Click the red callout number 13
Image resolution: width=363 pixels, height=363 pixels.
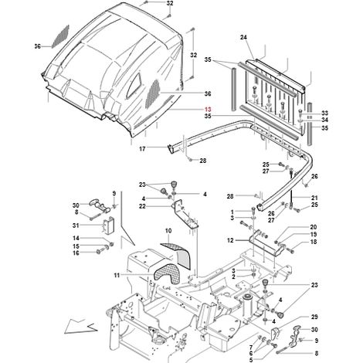208,109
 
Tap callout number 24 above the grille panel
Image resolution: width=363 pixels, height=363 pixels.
243,37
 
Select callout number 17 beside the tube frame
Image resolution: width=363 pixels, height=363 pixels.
142,149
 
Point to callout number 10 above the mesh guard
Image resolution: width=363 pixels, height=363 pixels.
168,230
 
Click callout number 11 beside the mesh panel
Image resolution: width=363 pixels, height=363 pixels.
117,276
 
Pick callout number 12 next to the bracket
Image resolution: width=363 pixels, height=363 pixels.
230,240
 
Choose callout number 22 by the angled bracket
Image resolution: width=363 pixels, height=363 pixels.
142,206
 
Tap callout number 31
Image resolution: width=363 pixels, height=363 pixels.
76,226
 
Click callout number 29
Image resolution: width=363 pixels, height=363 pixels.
314,317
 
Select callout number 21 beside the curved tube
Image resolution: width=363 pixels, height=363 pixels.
314,198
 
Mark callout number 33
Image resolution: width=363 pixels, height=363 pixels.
325,113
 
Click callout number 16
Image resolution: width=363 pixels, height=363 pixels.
76,253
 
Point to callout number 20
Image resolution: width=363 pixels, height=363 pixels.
314,227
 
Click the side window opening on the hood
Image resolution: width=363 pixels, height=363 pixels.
135,84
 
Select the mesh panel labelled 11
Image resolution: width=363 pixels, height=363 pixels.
166,275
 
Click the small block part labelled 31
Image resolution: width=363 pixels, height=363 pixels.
109,225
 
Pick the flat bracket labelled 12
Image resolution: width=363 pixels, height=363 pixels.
265,243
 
